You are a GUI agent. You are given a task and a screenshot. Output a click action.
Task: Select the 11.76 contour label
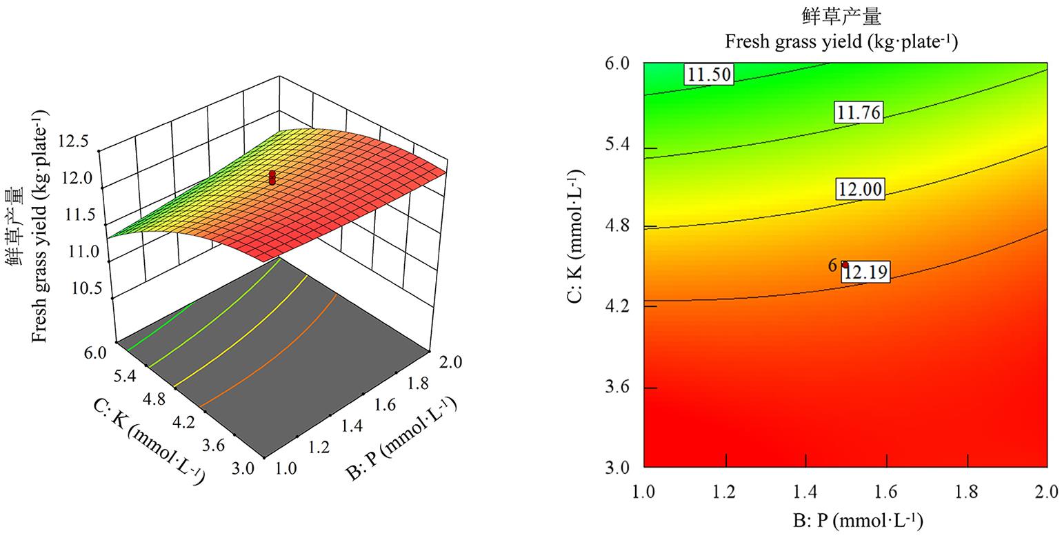[859, 112]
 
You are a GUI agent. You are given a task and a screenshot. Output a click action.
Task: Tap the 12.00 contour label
[860, 188]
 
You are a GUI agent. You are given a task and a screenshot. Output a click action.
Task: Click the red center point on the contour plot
[845, 265]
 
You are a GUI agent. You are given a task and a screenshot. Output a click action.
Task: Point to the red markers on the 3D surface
[272, 177]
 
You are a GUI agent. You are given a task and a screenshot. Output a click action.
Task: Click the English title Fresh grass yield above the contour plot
[841, 42]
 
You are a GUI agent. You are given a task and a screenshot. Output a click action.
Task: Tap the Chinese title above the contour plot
[841, 17]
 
